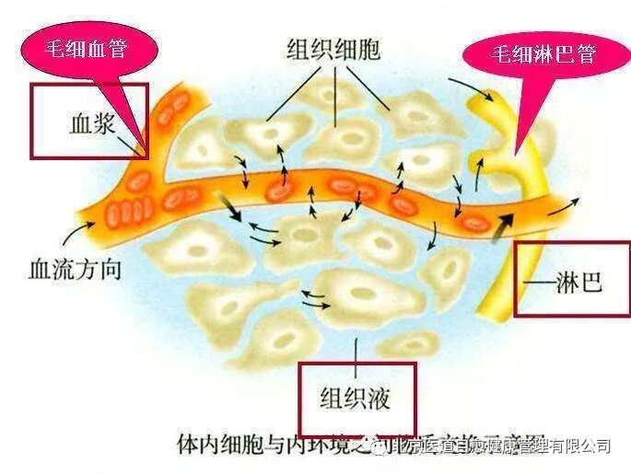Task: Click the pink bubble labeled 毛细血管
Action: [x=88, y=44]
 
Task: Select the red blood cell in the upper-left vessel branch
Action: [x=171, y=109]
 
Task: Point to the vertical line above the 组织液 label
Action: [x=356, y=348]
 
